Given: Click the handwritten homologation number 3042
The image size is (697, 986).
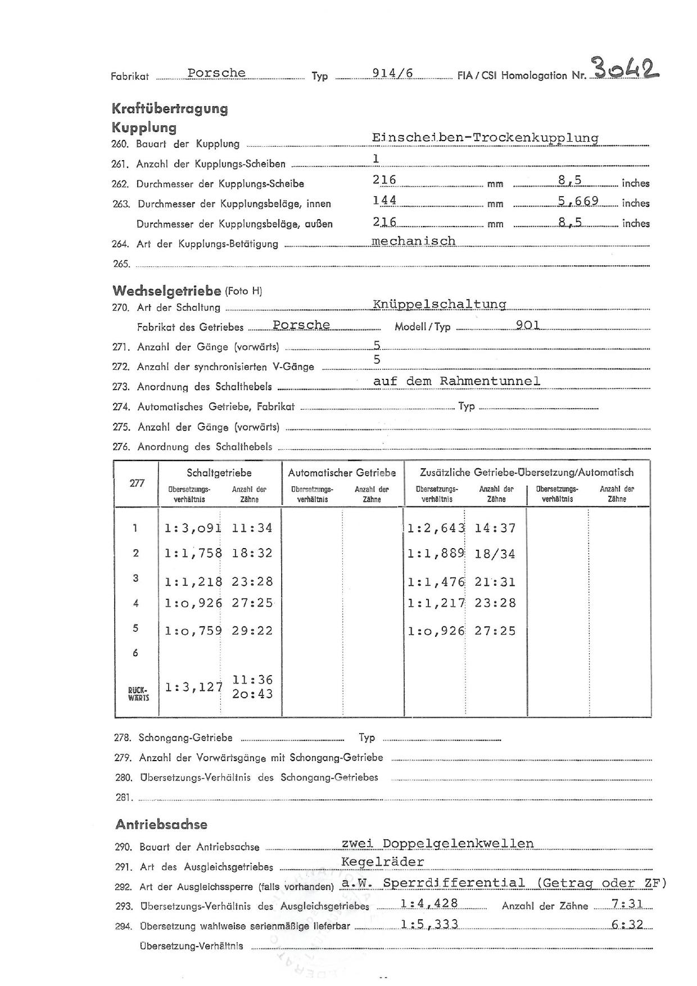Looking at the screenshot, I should [624, 70].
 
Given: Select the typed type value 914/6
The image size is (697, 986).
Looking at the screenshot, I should [392, 73].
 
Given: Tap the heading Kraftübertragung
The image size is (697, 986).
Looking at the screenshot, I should [169, 108].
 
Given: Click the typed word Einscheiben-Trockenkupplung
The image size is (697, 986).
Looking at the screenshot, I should [485, 138].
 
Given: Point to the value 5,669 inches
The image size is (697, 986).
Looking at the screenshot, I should [578, 201].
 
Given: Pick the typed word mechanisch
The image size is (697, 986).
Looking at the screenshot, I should [414, 241].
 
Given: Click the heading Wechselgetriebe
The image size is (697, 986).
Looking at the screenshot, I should [166, 291].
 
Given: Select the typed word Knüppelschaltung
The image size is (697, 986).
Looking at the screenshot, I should [439, 304].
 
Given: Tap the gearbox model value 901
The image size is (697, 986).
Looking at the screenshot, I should [527, 325].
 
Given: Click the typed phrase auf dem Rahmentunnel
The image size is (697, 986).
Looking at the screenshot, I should [456, 381].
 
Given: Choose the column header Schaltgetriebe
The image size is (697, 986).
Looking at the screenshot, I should [219, 473].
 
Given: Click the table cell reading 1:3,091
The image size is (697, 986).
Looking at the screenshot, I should [192, 528].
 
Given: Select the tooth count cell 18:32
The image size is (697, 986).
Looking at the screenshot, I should [252, 553].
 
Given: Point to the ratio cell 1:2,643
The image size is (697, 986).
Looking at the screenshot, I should [436, 528].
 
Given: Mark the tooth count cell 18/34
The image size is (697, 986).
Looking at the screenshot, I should [495, 554].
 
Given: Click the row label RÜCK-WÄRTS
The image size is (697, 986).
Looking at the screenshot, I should [138, 693].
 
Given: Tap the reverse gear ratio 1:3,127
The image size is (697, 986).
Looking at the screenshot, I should [193, 687].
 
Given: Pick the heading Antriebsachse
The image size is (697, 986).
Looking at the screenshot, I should [161, 825].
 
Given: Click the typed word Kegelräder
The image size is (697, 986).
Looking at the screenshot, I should [382, 862].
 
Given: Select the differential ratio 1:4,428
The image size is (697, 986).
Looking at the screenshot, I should [429, 903].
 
